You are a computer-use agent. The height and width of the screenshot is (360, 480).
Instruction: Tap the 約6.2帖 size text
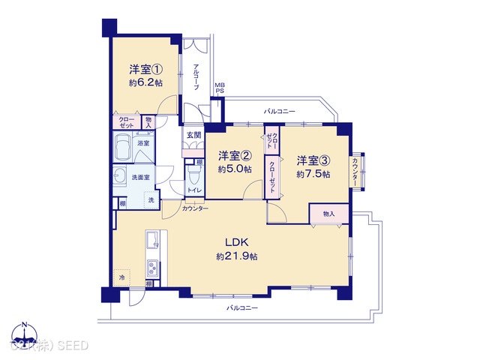tap(146, 83)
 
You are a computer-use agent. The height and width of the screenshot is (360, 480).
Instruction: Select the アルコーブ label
tap(196, 78)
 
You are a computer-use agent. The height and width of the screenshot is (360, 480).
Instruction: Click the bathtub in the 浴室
tap(123, 150)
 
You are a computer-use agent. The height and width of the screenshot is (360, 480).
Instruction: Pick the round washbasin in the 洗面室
tap(119, 177)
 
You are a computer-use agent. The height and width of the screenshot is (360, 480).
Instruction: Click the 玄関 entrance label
tap(193, 134)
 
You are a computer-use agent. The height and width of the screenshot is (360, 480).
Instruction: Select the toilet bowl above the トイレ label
tap(193, 175)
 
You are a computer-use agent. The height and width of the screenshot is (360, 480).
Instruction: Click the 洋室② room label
tap(234, 156)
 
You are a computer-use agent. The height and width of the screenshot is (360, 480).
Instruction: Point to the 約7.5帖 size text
tap(311, 174)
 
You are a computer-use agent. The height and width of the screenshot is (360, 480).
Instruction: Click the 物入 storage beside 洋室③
tap(328, 214)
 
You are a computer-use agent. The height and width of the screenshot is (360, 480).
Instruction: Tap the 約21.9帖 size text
tap(237, 256)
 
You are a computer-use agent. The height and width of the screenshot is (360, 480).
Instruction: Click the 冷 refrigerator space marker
tap(121, 277)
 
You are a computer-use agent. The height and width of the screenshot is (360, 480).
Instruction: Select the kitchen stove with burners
tap(151, 267)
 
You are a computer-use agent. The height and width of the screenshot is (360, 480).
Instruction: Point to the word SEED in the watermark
tap(75, 345)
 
